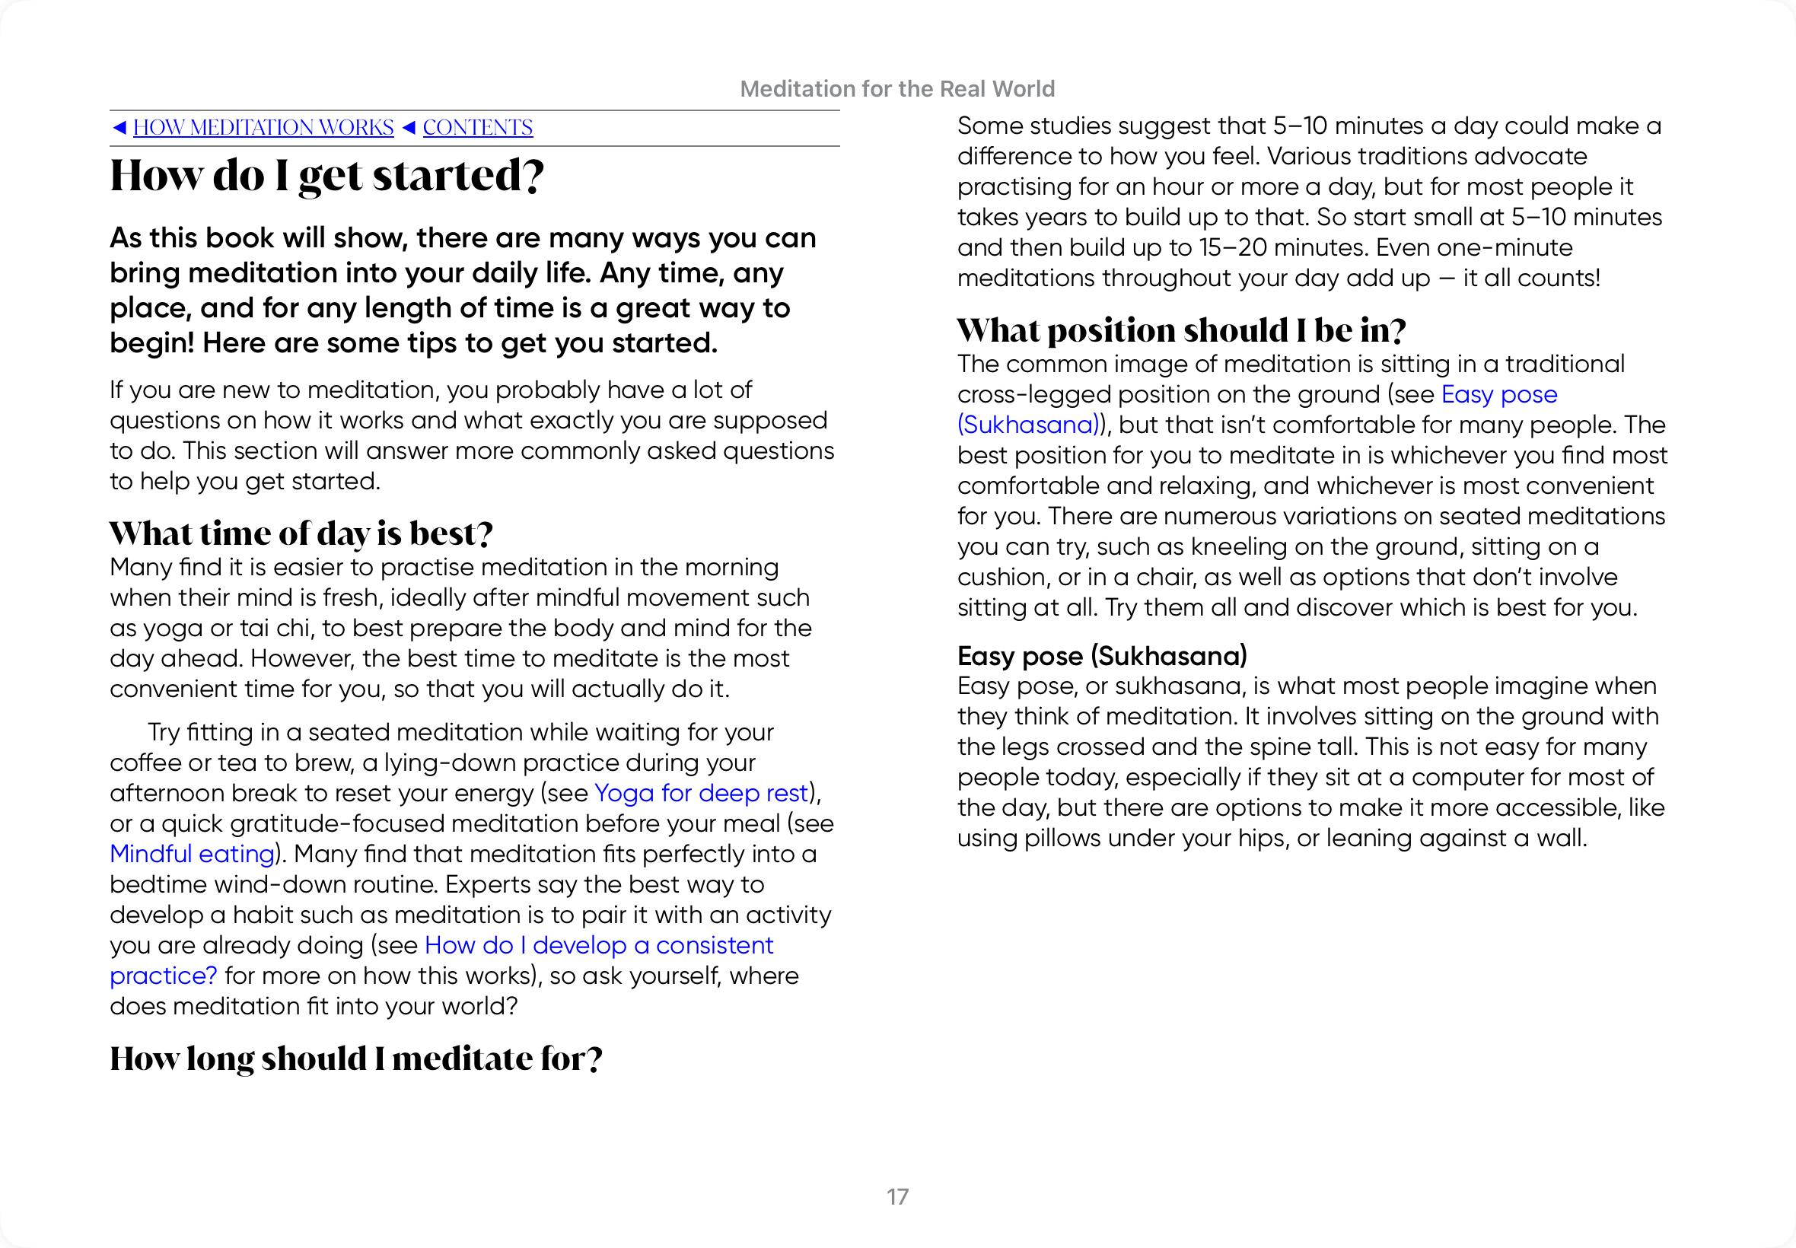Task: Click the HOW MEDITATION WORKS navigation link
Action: tap(263, 127)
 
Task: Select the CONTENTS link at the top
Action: tap(477, 127)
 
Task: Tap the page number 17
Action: tap(897, 1196)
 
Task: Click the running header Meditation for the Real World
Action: tap(896, 89)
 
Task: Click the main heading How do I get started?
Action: tap(326, 176)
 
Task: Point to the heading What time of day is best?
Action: tap(301, 534)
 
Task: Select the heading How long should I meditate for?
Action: tap(355, 1059)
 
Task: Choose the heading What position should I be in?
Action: tap(1180, 331)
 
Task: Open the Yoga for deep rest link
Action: tap(701, 793)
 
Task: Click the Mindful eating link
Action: tap(192, 854)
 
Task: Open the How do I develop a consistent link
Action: tap(598, 945)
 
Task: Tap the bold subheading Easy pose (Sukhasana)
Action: tap(1102, 656)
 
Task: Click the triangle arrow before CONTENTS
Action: tap(408, 127)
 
